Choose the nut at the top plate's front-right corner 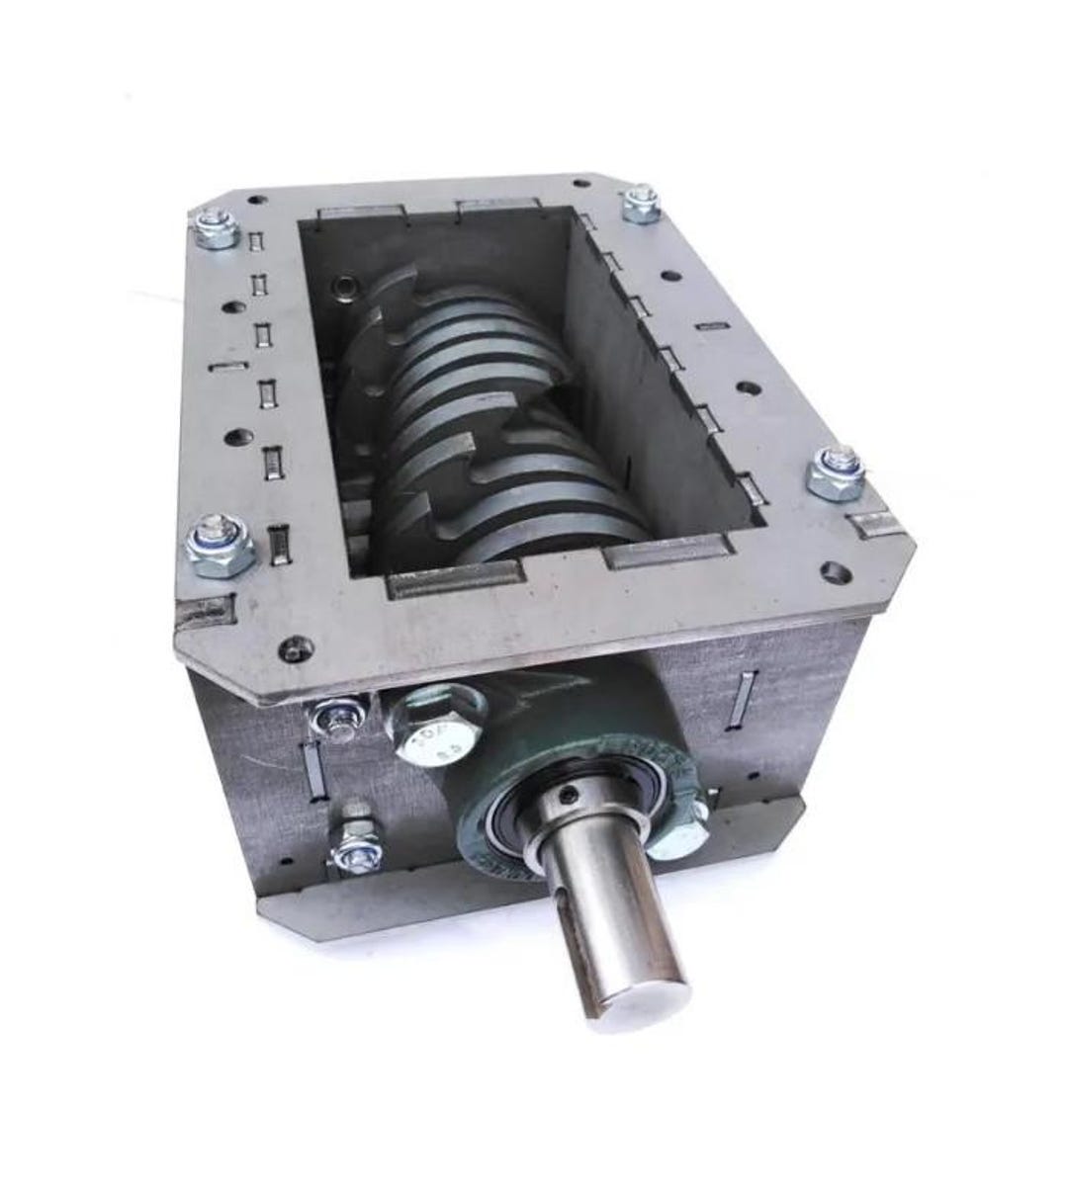click(x=837, y=473)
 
